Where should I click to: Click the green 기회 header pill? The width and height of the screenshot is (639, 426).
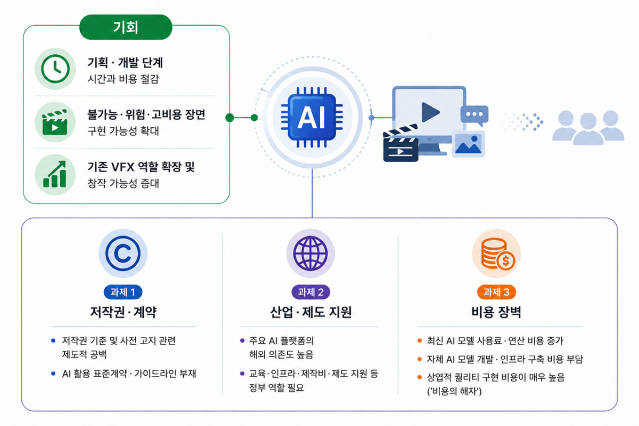pyautogui.click(x=126, y=27)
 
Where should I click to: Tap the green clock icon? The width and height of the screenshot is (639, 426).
pyautogui.click(x=55, y=69)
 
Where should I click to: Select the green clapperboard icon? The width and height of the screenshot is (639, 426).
pyautogui.click(x=55, y=122)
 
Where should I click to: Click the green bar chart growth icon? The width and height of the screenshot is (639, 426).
pyautogui.click(x=55, y=174)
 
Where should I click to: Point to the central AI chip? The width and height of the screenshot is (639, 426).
pyautogui.click(x=312, y=117)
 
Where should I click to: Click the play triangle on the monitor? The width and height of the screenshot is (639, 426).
pyautogui.click(x=430, y=112)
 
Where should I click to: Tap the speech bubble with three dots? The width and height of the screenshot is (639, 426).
pyautogui.click(x=474, y=116)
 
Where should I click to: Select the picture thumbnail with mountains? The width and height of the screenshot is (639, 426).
pyautogui.click(x=468, y=144)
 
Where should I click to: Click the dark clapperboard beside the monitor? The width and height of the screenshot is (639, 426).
pyautogui.click(x=400, y=144)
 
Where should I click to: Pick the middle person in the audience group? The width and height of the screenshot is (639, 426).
pyautogui.click(x=588, y=129)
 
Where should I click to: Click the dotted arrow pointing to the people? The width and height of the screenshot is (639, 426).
pyautogui.click(x=524, y=122)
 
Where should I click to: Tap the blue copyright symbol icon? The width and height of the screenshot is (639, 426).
pyautogui.click(x=123, y=253)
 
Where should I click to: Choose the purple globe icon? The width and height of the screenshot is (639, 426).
pyautogui.click(x=310, y=253)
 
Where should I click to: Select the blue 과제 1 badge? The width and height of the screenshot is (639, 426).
pyautogui.click(x=123, y=292)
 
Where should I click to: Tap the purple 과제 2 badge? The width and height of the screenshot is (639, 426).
pyautogui.click(x=310, y=292)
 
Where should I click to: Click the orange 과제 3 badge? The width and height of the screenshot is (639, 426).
pyautogui.click(x=496, y=292)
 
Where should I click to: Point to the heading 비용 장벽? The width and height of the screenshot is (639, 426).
pyautogui.click(x=496, y=312)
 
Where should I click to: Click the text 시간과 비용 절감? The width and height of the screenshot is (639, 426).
pyautogui.click(x=123, y=78)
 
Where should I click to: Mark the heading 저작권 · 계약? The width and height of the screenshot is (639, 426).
pyautogui.click(x=123, y=312)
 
